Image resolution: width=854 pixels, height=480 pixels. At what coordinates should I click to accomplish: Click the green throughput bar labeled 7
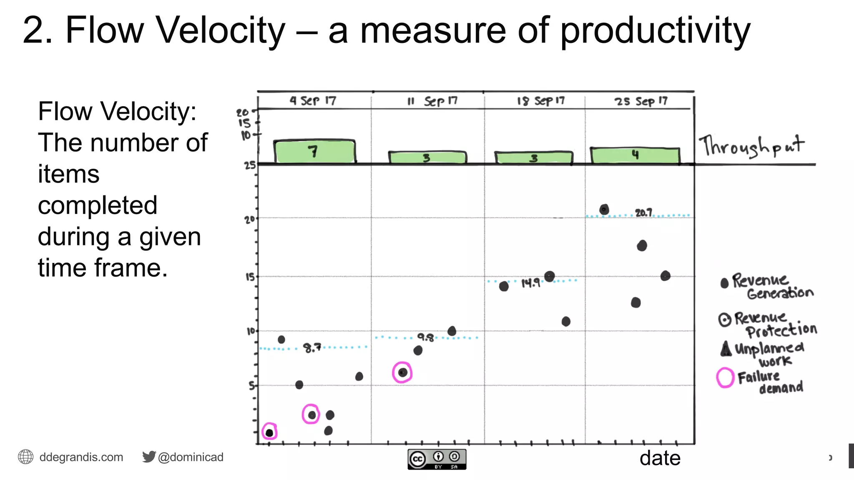314,152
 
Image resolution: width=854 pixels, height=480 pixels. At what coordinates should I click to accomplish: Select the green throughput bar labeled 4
635,155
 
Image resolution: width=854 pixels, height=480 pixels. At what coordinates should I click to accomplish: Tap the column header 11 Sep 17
432,101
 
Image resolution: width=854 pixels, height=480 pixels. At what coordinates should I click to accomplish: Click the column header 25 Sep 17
641,101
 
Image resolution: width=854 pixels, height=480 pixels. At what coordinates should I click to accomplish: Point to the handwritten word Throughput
751,146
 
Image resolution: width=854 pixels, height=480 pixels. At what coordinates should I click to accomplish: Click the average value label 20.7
643,213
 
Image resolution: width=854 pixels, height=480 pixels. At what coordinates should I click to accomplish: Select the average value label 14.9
530,283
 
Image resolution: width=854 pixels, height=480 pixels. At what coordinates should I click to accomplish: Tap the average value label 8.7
312,347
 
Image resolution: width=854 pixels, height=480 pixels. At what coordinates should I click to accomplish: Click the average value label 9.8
426,337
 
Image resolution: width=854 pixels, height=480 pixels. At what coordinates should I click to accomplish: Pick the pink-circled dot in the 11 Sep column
402,372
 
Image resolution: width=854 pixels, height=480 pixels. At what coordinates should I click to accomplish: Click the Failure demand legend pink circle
725,377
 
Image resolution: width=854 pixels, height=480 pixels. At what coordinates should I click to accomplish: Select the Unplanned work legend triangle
726,349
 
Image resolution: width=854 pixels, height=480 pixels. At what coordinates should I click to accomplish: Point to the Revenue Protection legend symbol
725,320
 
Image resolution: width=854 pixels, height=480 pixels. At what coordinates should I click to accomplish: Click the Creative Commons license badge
437,459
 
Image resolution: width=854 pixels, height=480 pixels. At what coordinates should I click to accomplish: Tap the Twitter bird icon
148,457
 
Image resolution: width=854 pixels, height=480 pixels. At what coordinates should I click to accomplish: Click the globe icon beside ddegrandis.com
25,457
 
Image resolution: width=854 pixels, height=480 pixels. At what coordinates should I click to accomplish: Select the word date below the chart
660,458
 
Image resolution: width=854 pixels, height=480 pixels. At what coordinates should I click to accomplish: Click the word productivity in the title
655,31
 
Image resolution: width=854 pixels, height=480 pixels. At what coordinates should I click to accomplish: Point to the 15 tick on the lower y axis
250,277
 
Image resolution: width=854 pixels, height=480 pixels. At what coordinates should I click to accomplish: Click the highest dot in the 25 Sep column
604,210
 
